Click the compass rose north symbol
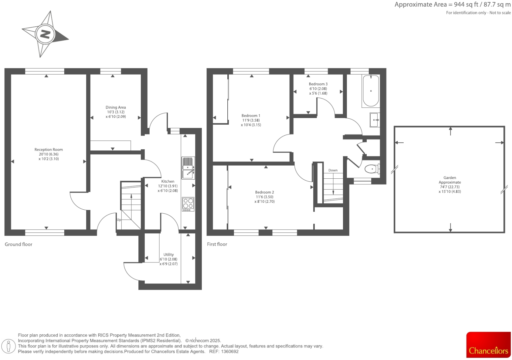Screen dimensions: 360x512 coord(45,34)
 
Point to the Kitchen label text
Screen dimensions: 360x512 coord(168,181)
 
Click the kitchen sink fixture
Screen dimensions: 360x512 coord(188,168)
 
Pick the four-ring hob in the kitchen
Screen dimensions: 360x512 coord(188,204)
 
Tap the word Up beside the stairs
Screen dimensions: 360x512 coord(119,220)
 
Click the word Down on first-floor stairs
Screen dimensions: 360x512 coord(333,170)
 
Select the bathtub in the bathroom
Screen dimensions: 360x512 coord(371,91)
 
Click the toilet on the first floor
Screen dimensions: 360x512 coord(372,169)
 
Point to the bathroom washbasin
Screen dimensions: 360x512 coord(374,120)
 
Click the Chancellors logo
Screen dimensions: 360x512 coord(488,345)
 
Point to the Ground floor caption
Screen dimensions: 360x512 coord(18,244)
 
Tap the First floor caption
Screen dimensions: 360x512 coord(217,244)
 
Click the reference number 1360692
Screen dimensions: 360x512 coord(230,351)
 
